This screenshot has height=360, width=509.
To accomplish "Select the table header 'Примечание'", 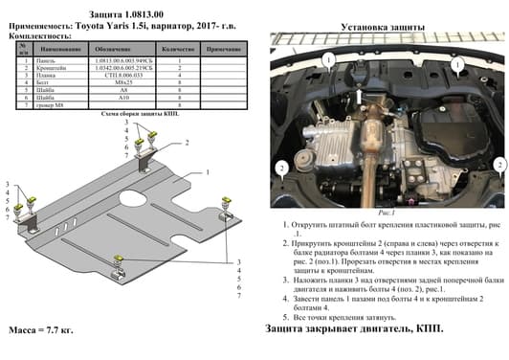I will click(x=223, y=48).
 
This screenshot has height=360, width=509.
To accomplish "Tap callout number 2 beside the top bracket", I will click(x=187, y=142).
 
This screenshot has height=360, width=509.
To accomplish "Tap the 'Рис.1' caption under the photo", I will click(x=383, y=217).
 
